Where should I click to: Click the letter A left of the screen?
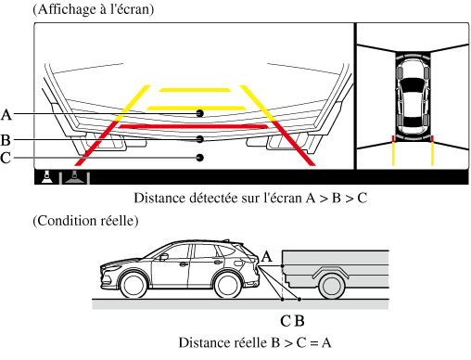point(6,114)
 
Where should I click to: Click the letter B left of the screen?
point(6,140)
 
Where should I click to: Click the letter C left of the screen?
point(6,158)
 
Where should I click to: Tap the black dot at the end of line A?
point(200,113)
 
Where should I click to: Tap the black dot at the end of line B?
point(200,139)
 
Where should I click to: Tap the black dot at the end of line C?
point(200,158)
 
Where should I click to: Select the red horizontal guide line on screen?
point(194,126)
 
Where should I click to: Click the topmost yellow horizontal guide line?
point(195,90)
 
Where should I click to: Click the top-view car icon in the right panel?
point(413,96)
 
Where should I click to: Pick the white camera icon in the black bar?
point(46,177)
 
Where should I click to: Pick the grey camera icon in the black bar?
point(74,177)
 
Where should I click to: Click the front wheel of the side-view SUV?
point(134,285)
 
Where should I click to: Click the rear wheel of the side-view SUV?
point(228,285)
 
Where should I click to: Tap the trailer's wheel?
point(332,286)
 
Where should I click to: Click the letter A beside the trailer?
point(267,257)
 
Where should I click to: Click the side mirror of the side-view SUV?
point(163,257)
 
